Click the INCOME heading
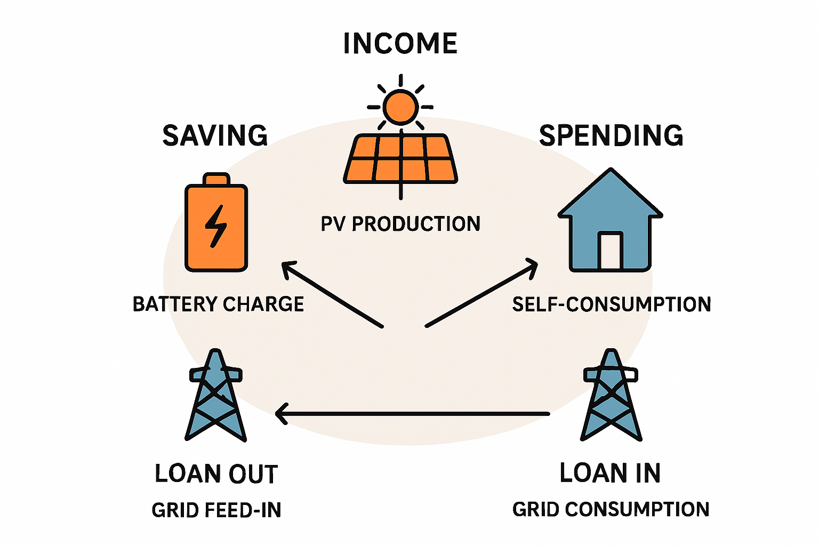click(400, 44)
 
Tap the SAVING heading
click(215, 135)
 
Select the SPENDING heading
click(611, 135)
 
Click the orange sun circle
click(400, 107)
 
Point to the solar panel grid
click(400, 159)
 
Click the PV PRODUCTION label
click(400, 224)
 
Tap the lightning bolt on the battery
click(216, 226)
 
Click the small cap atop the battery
click(216, 179)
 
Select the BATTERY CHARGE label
click(218, 304)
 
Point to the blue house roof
click(611, 195)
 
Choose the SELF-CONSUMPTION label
click(612, 304)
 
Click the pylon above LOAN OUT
click(215, 397)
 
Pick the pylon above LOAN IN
click(611, 397)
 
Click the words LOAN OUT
click(216, 474)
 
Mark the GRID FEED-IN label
click(216, 510)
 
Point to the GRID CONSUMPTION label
click(611, 509)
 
